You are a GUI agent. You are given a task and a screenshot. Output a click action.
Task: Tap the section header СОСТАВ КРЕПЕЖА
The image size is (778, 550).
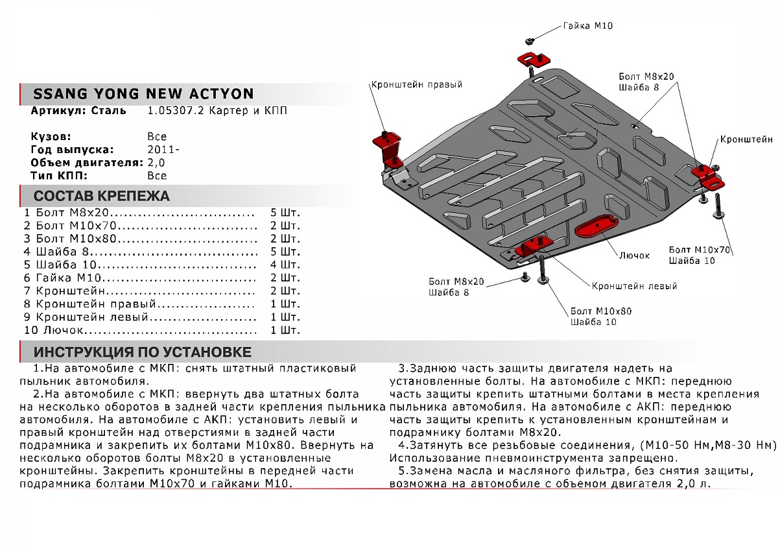[x=101, y=196]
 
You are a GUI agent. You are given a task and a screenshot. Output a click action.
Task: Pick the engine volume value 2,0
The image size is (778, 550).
[x=156, y=163]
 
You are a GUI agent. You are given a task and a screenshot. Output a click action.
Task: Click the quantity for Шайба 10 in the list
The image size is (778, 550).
[x=285, y=265]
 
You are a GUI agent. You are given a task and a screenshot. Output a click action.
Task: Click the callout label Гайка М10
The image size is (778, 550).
[x=587, y=26]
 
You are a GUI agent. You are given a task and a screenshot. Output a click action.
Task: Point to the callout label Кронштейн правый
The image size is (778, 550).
[x=416, y=84]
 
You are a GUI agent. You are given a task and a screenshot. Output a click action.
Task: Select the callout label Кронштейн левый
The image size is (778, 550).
[x=634, y=286]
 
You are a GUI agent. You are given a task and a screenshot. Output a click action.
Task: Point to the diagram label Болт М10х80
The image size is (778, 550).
[x=600, y=311]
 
